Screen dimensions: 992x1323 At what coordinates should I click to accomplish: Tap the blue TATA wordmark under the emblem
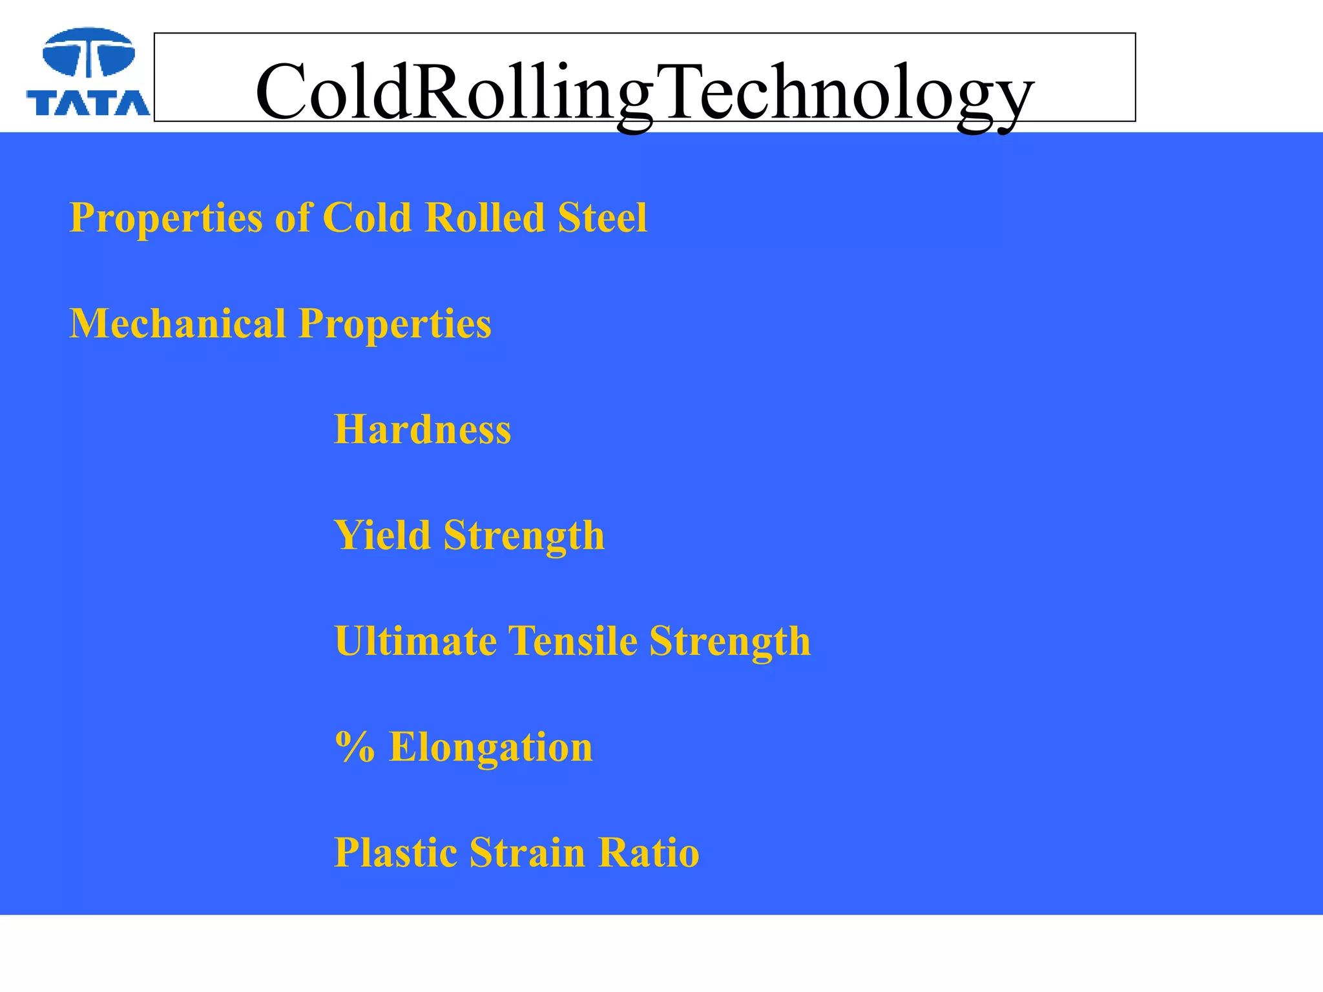[x=89, y=102]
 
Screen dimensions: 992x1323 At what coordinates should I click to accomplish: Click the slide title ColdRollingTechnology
[x=644, y=92]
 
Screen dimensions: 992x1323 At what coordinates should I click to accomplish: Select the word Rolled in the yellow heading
[x=484, y=218]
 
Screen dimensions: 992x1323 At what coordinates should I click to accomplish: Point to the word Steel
[x=602, y=218]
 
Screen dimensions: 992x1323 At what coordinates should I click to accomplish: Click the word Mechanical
[x=177, y=324]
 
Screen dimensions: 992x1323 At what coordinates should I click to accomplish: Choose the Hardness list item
[x=422, y=429]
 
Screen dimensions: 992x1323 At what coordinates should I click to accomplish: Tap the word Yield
[x=382, y=535]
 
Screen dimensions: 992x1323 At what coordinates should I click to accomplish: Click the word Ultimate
[x=415, y=641]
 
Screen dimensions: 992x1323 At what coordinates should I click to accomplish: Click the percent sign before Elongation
[x=355, y=747]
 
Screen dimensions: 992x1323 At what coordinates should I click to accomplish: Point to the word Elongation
[x=490, y=747]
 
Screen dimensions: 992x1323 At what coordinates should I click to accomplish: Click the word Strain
[x=527, y=853]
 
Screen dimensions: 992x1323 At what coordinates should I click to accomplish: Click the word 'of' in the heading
[x=292, y=218]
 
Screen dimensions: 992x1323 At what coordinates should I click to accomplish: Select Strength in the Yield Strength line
[x=524, y=535]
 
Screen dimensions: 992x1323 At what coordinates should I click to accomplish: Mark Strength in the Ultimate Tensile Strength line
[x=730, y=641]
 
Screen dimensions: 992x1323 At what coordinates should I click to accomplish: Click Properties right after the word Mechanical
[x=395, y=324]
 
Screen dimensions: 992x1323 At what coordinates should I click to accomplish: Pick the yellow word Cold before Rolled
[x=366, y=218]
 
